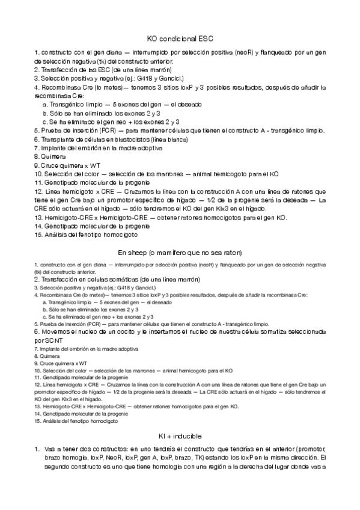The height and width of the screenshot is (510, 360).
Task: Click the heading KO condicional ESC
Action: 180,38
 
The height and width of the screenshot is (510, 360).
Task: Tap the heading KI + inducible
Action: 180,435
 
